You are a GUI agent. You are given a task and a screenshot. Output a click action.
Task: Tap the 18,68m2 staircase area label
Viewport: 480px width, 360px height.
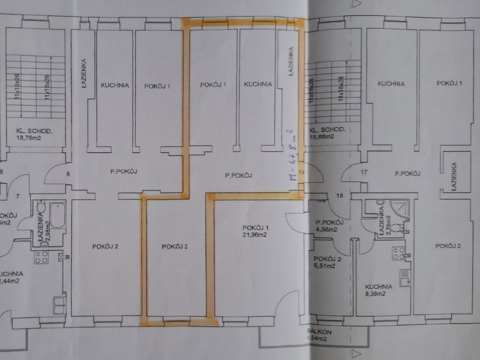click(321, 136)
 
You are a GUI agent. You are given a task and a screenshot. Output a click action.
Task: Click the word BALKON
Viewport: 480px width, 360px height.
click(317, 330)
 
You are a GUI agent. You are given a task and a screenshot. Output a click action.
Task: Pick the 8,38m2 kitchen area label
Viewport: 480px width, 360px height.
click(375, 294)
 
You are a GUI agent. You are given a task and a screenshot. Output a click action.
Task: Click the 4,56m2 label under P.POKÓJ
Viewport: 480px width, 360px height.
click(327, 230)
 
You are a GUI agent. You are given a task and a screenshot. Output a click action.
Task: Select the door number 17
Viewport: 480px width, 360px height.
click(364, 172)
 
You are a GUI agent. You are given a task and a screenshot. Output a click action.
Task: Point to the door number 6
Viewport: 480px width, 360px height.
click(68, 174)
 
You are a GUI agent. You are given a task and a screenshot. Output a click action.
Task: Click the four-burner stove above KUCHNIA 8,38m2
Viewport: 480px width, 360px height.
click(399, 254)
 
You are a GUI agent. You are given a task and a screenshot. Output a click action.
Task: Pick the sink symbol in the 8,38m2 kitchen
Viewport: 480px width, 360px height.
click(404, 278)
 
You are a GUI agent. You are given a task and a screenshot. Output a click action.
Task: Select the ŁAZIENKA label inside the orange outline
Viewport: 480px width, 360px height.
click(291, 60)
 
